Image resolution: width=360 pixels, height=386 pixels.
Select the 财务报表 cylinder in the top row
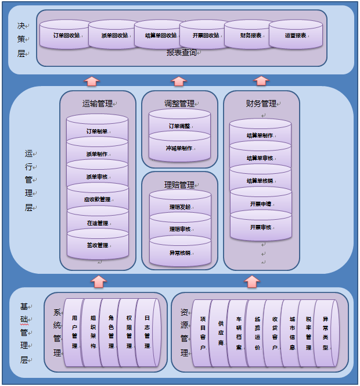250,35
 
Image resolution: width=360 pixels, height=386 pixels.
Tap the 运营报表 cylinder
295,35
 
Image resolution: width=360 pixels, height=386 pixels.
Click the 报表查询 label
181,52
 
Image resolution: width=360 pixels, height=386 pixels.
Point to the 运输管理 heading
97,103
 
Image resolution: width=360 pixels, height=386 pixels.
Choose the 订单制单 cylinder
97,131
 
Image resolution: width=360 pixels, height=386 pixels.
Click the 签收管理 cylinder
97,245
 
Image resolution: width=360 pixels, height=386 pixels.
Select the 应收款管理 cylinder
97,199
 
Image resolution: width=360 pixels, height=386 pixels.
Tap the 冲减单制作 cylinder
179,148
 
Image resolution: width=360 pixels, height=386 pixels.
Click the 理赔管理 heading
179,185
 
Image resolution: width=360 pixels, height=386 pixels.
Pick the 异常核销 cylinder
179,252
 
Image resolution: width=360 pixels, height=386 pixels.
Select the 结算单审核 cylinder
260,158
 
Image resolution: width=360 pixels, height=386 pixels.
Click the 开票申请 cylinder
260,204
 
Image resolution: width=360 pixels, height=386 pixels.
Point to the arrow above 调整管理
179,81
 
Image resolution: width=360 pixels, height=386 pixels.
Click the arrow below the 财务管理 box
251,281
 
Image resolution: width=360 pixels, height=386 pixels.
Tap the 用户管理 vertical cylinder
74,333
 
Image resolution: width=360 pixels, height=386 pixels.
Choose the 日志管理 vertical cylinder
147,333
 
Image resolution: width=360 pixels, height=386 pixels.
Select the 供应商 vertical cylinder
221,333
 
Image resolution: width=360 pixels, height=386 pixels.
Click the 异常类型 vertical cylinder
325,333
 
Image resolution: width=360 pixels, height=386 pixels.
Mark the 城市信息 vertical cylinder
292,333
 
